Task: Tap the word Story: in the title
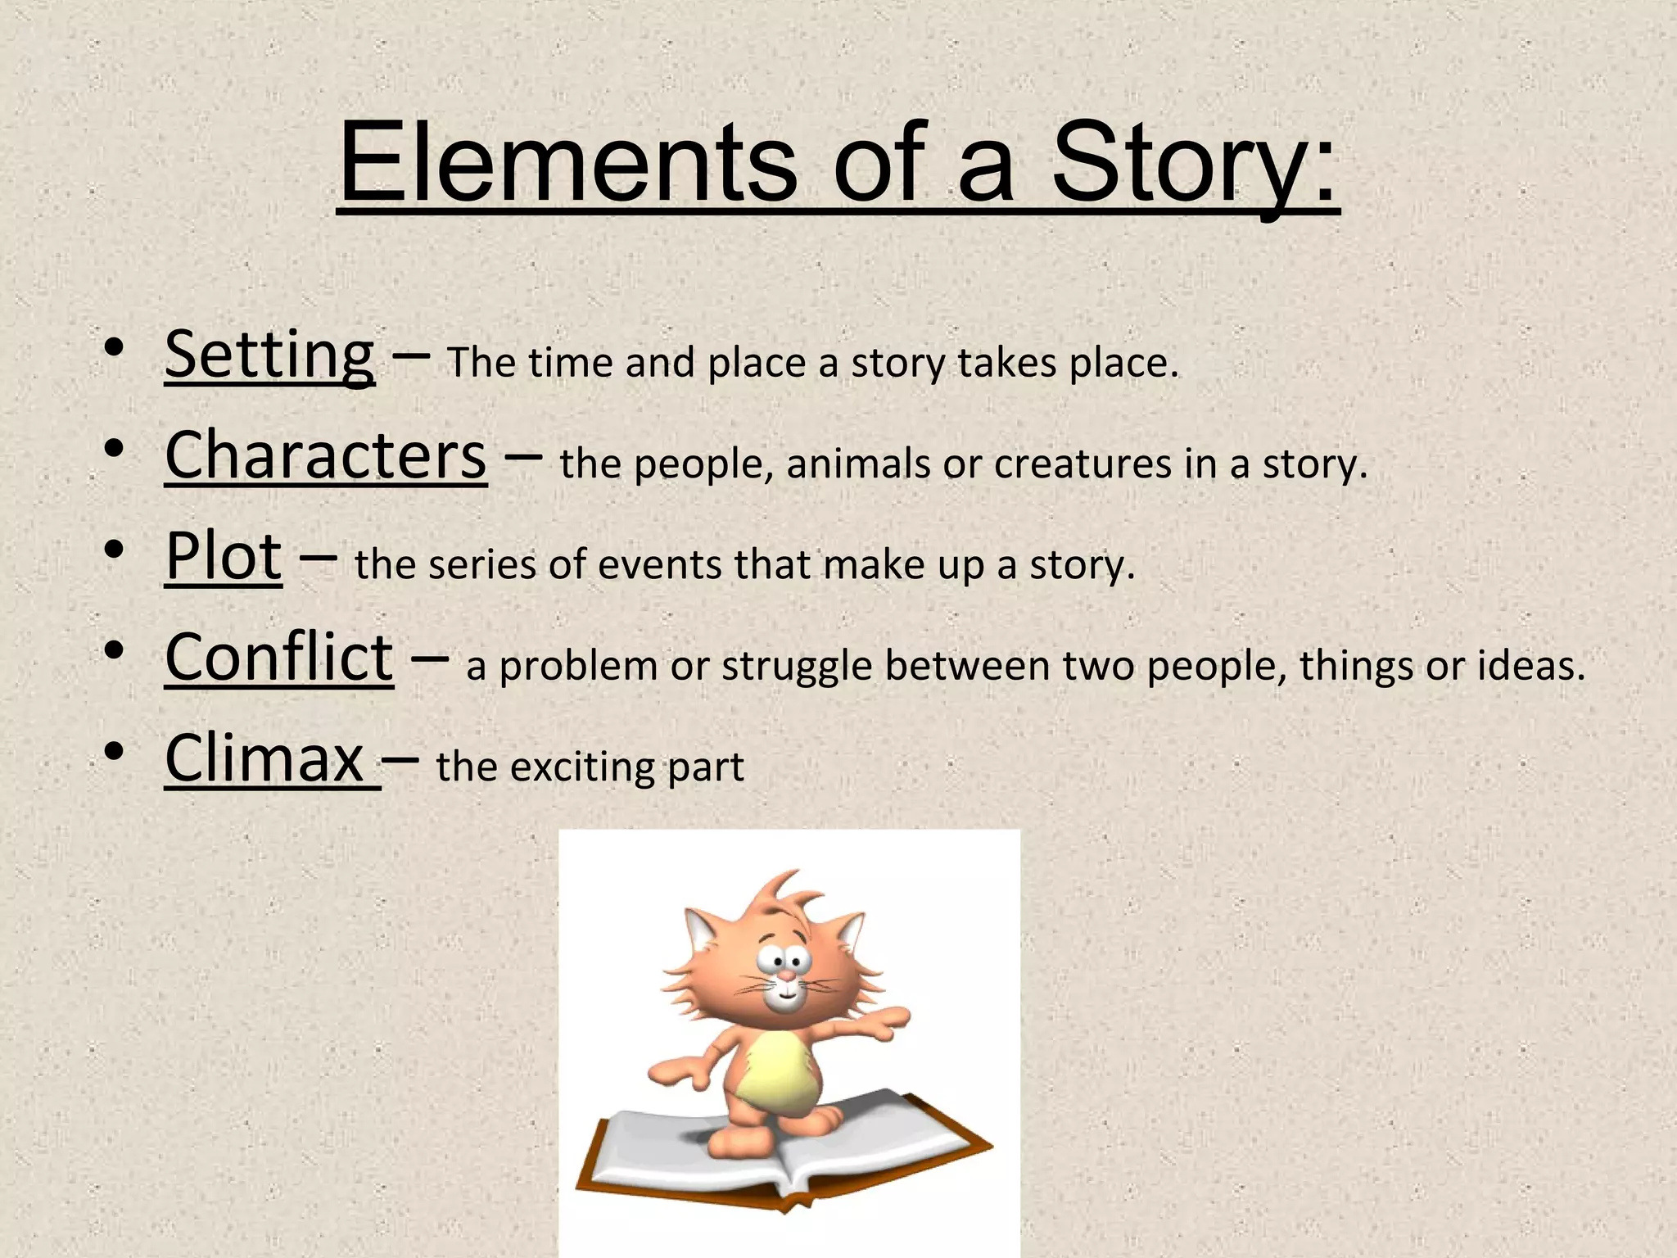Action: pyautogui.click(x=1195, y=164)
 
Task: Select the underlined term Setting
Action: pyautogui.click(x=269, y=355)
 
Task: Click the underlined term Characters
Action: pyautogui.click(x=326, y=455)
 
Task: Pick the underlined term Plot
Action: pyautogui.click(x=224, y=557)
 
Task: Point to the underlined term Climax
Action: pyautogui.click(x=264, y=758)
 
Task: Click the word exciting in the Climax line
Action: pyautogui.click(x=583, y=768)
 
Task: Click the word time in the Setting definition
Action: pyautogui.click(x=570, y=363)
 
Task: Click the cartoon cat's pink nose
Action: pyautogui.click(x=784, y=977)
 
